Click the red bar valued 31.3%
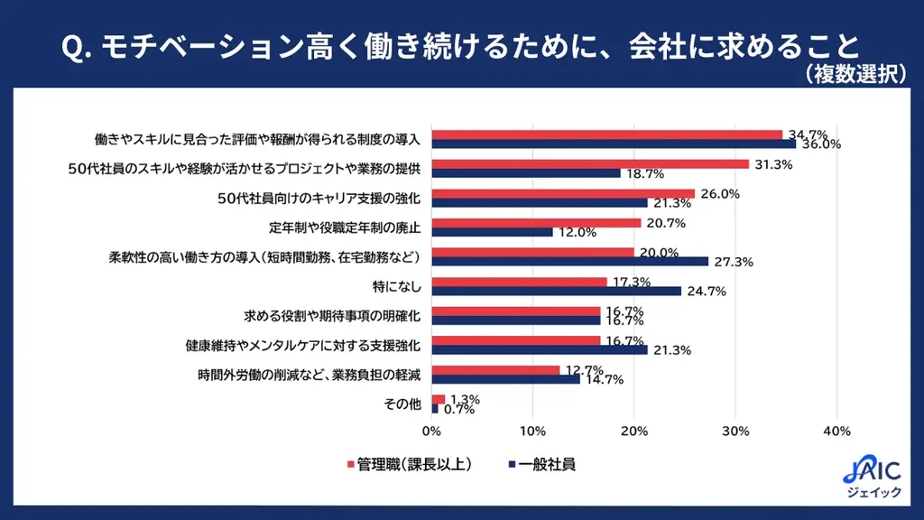[x=590, y=163]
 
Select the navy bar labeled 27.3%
[x=569, y=261]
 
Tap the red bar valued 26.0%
[x=563, y=193]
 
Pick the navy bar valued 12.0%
[x=492, y=232]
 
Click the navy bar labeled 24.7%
[x=557, y=291]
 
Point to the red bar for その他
[x=439, y=399]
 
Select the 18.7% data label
[x=647, y=173]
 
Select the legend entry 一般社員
[x=541, y=466]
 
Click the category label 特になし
[x=396, y=286]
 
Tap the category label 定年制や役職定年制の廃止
[x=346, y=227]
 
